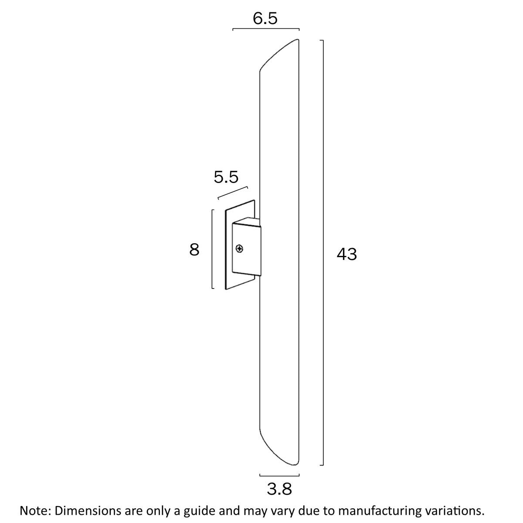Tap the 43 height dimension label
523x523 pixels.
347,254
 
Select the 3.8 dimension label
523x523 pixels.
279,489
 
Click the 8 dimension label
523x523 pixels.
194,250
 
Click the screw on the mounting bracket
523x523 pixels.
239,249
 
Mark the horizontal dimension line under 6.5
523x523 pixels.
266,29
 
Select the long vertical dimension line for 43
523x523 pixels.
323,253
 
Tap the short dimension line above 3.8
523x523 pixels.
279,475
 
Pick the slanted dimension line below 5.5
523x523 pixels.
233,194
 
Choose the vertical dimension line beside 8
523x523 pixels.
212,249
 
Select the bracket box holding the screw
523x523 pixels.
246,249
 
